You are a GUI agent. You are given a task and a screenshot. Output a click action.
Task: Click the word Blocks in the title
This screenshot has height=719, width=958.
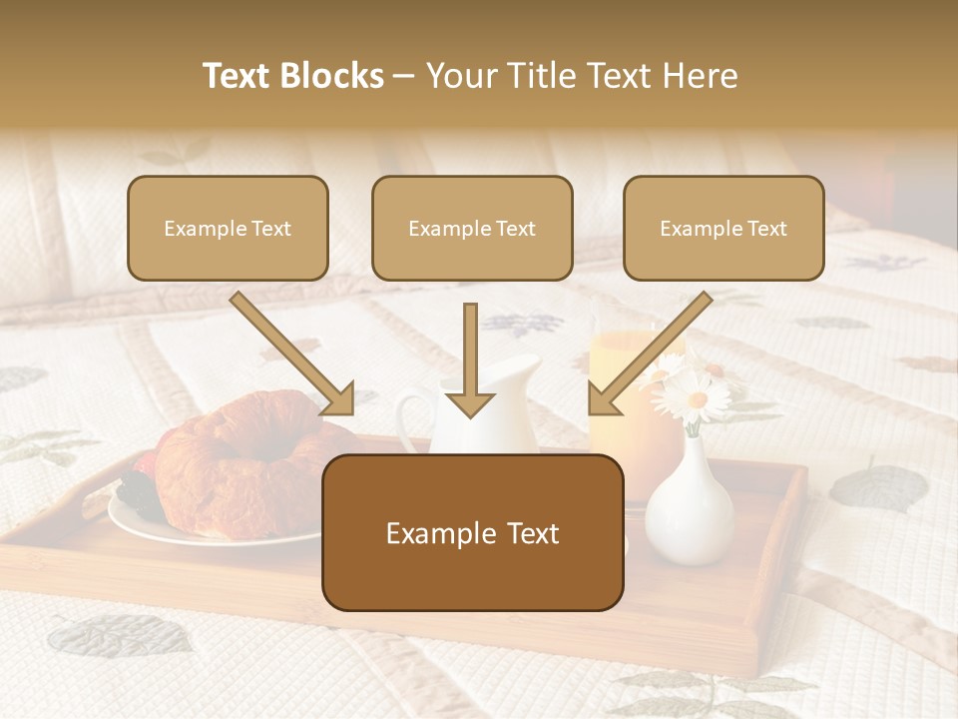(333, 76)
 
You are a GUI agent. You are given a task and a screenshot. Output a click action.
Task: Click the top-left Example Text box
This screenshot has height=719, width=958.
(228, 228)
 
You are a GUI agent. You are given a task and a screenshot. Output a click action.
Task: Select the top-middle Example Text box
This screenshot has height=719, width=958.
(472, 228)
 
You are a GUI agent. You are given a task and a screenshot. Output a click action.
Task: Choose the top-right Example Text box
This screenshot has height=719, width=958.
(723, 228)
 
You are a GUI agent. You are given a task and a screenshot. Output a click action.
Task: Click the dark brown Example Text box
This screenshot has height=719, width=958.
(473, 532)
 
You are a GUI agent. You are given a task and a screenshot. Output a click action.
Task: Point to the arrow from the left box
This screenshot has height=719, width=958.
(294, 355)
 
